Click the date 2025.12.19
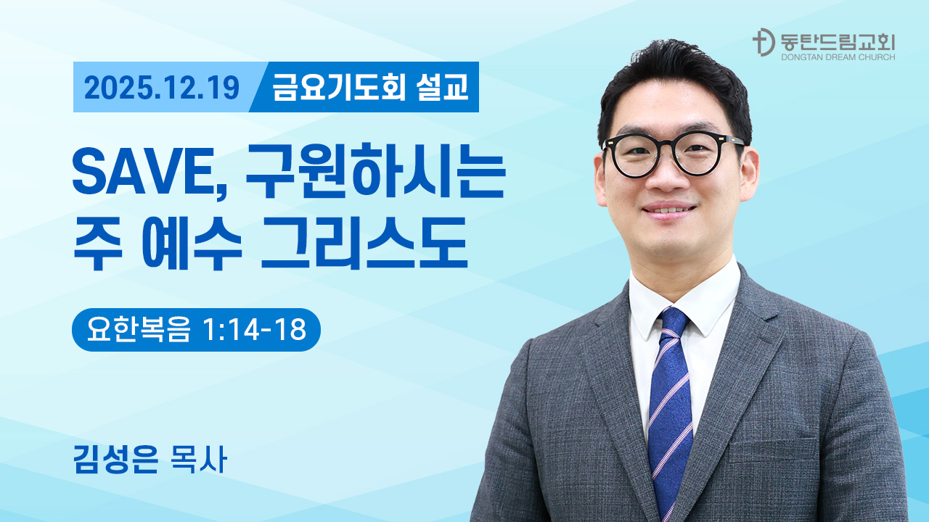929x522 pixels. pyautogui.click(x=161, y=88)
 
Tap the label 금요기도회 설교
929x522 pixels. pyautogui.click(x=370, y=88)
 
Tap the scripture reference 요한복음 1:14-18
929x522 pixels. pyautogui.click(x=196, y=330)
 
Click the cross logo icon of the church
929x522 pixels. pyautogui.click(x=761, y=43)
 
